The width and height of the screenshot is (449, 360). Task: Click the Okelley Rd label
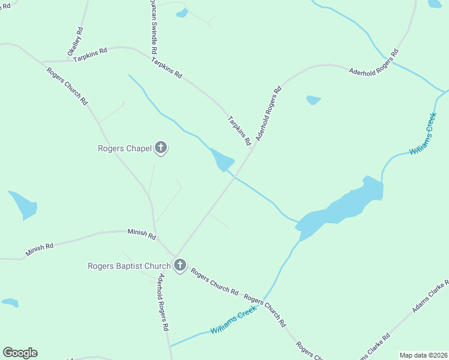pyautogui.click(x=76, y=41)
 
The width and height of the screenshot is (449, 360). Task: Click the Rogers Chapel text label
pyautogui.click(x=125, y=149)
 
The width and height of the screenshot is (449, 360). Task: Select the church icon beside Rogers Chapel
pyautogui.click(x=160, y=147)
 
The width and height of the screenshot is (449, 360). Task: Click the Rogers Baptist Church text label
pyautogui.click(x=130, y=265)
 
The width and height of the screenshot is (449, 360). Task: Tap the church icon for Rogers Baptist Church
pyautogui.click(x=179, y=265)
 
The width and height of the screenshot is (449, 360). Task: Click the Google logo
pyautogui.click(x=20, y=353)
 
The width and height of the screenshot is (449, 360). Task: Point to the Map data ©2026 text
pyautogui.click(x=423, y=355)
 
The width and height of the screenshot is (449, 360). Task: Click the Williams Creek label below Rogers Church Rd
pyautogui.click(x=234, y=322)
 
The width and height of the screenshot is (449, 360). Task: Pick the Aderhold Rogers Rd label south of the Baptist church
pyautogui.click(x=163, y=303)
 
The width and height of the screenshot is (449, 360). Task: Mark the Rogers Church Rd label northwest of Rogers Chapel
pyautogui.click(x=67, y=86)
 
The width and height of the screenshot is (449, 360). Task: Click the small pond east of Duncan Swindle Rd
pyautogui.click(x=182, y=13)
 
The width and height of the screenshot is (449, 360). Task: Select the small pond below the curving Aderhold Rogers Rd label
pyautogui.click(x=313, y=100)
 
